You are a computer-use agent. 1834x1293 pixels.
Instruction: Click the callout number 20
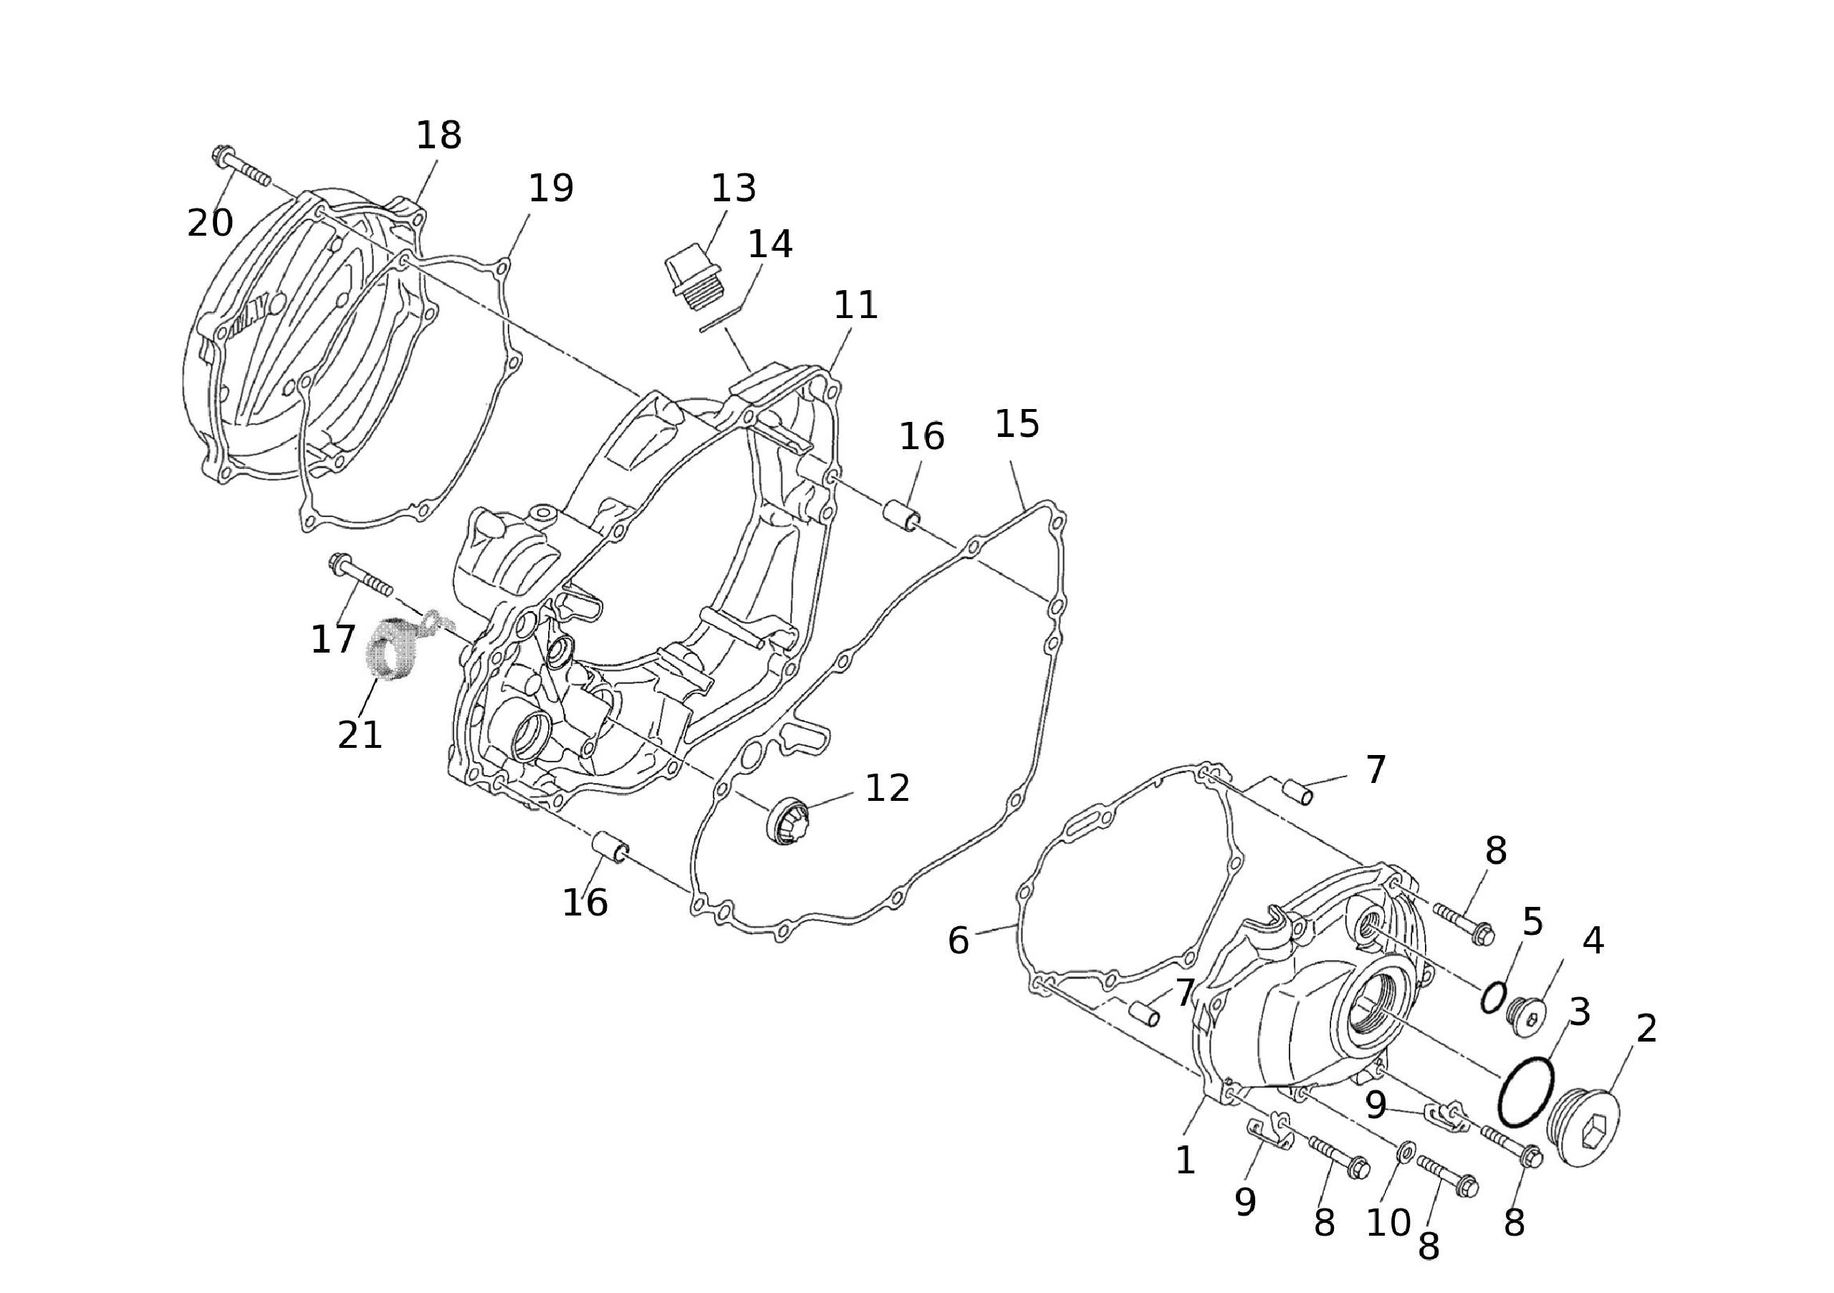coord(210,223)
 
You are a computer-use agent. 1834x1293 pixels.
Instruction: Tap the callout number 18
coord(438,136)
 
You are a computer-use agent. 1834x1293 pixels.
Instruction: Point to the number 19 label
coord(551,188)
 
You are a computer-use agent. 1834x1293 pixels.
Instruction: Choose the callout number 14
coord(769,244)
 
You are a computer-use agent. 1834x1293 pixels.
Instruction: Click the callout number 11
coord(855,305)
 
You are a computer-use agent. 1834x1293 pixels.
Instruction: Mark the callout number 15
coord(1017,424)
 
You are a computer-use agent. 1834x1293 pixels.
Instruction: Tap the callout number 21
coord(360,735)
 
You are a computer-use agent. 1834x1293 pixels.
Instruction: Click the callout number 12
coord(888,788)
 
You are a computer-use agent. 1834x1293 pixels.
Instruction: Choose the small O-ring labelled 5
coord(1493,997)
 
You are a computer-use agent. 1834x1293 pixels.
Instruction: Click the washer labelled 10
coord(1404,1151)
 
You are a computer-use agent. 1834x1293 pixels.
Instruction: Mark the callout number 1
coord(1186,1160)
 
